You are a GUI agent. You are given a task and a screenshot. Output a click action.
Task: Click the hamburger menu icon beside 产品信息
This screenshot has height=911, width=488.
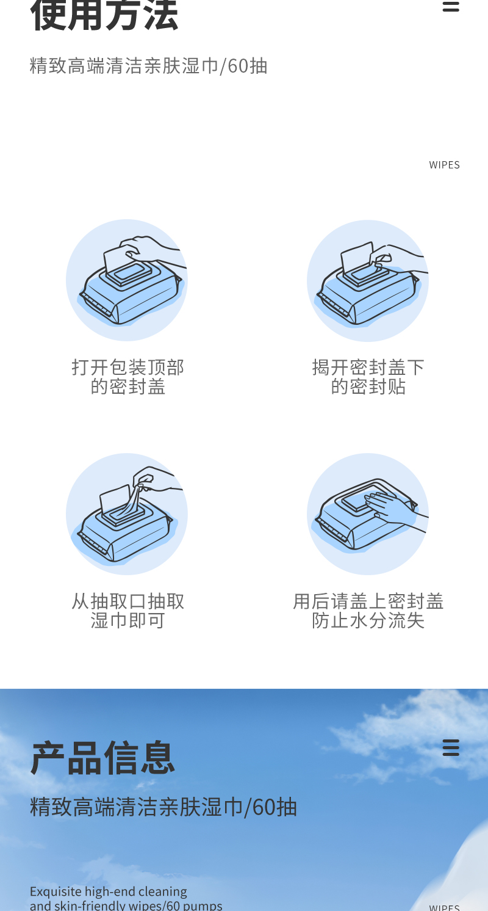pyautogui.click(x=451, y=747)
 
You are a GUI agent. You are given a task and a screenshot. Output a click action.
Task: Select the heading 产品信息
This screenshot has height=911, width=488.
pyautogui.click(x=103, y=758)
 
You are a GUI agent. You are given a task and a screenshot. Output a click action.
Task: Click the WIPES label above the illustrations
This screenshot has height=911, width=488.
pyautogui.click(x=444, y=165)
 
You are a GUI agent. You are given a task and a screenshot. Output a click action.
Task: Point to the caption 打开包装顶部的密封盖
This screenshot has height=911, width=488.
pyautogui.click(x=127, y=377)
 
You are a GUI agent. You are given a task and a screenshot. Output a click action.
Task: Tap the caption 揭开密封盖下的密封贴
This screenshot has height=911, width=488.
pyautogui.click(x=368, y=377)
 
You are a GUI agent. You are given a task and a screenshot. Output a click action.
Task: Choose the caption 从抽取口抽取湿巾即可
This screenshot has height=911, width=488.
pyautogui.click(x=127, y=611)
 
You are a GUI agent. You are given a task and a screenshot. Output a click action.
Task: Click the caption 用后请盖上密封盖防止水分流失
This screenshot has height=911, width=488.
pyautogui.click(x=368, y=611)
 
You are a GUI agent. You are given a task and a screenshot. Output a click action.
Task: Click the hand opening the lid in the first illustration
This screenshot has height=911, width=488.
pyautogui.click(x=152, y=249)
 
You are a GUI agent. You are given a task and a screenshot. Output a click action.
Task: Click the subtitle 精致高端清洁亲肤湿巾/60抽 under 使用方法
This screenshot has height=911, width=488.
pyautogui.click(x=148, y=66)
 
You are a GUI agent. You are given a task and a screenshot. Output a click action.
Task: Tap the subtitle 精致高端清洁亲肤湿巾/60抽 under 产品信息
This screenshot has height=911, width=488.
pyautogui.click(x=163, y=807)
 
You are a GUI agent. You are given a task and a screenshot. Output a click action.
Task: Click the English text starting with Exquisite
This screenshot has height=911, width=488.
pyautogui.click(x=126, y=898)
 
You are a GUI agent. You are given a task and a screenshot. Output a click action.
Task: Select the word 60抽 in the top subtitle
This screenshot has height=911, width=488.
pyautogui.click(x=247, y=66)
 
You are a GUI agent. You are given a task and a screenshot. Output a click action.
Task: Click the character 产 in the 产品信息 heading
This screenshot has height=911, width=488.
pyautogui.click(x=48, y=758)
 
